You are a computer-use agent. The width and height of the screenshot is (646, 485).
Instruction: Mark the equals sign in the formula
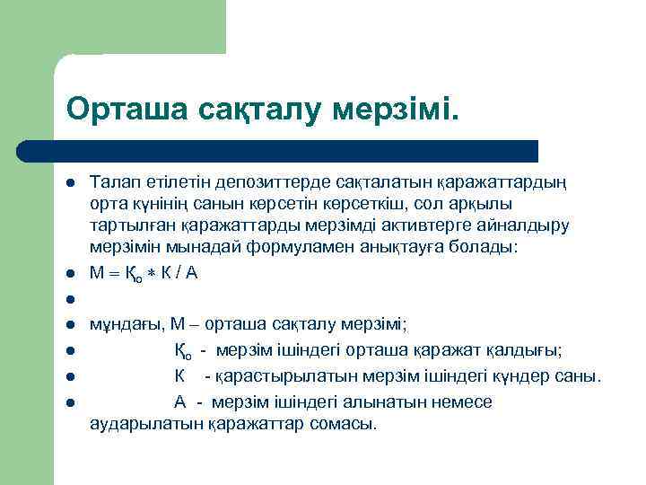point(115,276)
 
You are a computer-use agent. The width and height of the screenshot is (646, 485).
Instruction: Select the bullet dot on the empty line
point(69,300)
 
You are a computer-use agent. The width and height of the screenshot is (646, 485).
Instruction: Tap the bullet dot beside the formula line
point(69,275)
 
